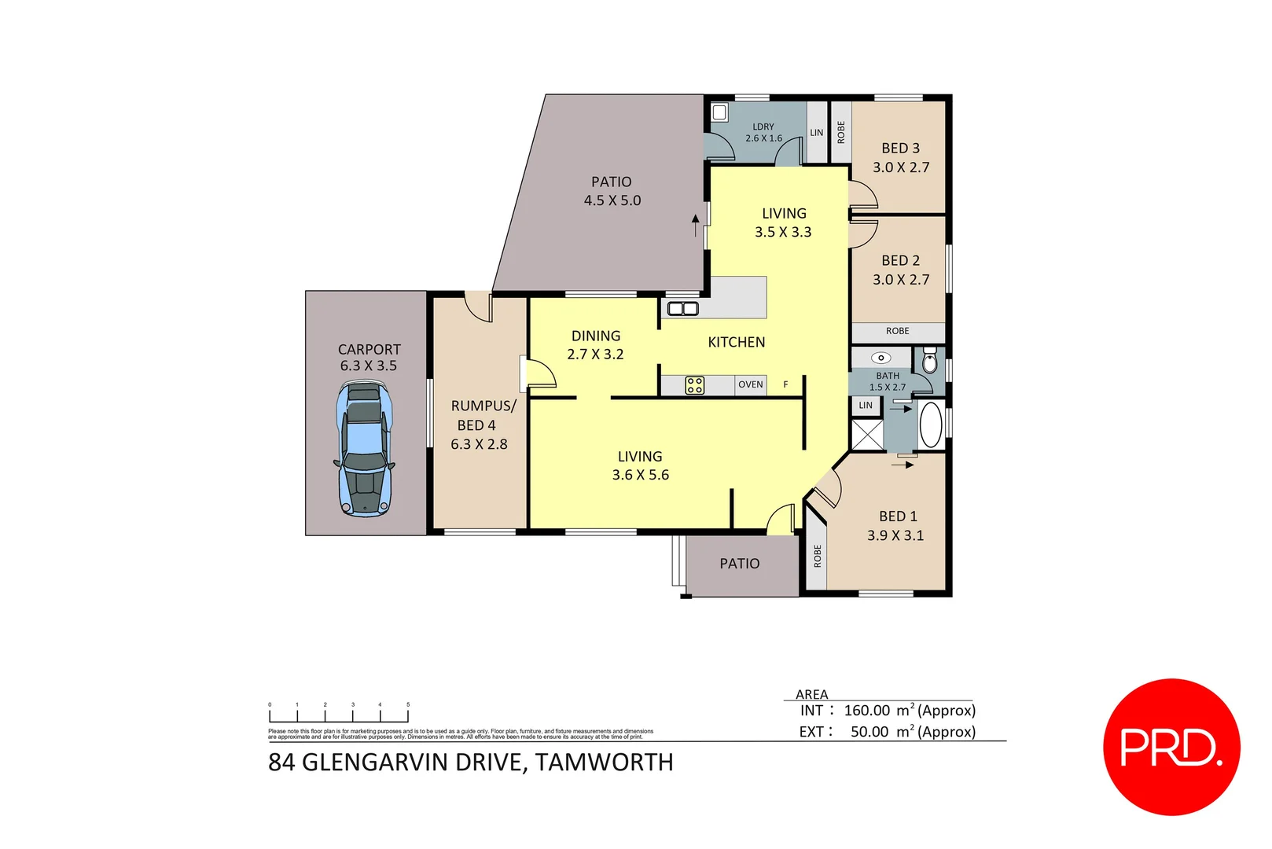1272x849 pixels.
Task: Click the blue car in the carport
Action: click(365, 448)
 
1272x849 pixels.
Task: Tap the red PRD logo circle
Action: click(1171, 747)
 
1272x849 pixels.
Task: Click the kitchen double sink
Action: click(682, 308)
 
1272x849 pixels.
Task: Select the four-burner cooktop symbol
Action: click(694, 385)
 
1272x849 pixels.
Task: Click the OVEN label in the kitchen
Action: click(750, 384)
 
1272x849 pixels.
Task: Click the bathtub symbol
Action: click(931, 425)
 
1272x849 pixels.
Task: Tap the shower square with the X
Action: click(867, 435)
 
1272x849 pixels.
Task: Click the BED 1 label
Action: click(898, 516)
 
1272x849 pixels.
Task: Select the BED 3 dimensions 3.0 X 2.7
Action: click(900, 167)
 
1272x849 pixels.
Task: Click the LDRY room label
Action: click(763, 127)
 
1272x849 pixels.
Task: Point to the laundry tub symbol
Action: click(719, 112)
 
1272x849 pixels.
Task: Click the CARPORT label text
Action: click(369, 349)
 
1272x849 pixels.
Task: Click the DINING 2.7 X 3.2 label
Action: click(595, 345)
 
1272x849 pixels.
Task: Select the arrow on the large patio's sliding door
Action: click(695, 224)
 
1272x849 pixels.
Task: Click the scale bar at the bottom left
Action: click(339, 715)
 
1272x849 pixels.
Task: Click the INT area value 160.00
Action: click(866, 711)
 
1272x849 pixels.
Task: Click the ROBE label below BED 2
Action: click(897, 332)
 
